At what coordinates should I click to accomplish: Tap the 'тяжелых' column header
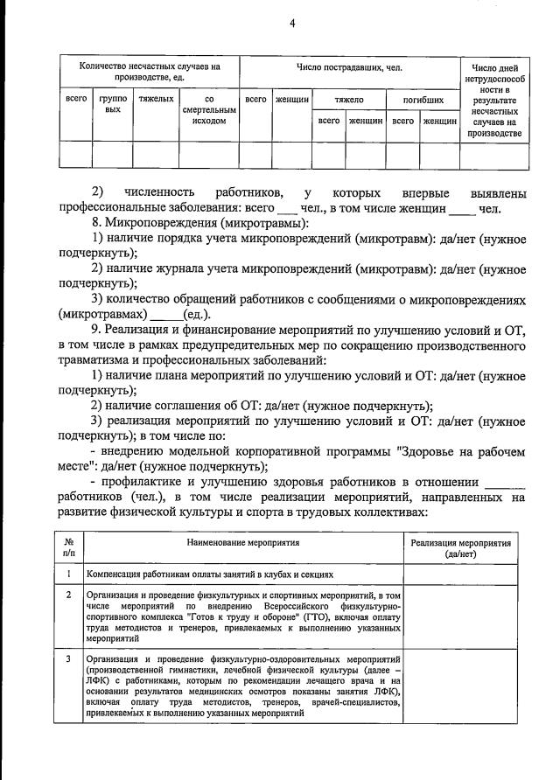tap(156, 100)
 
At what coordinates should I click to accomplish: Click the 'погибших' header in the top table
tap(423, 101)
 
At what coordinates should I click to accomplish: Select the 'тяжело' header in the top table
tap(348, 101)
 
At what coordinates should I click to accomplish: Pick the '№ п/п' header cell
tap(68, 548)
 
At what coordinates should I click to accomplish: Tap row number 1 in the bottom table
tap(68, 574)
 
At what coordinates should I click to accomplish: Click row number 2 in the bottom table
tap(68, 595)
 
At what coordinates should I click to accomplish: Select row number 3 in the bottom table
tap(68, 658)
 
